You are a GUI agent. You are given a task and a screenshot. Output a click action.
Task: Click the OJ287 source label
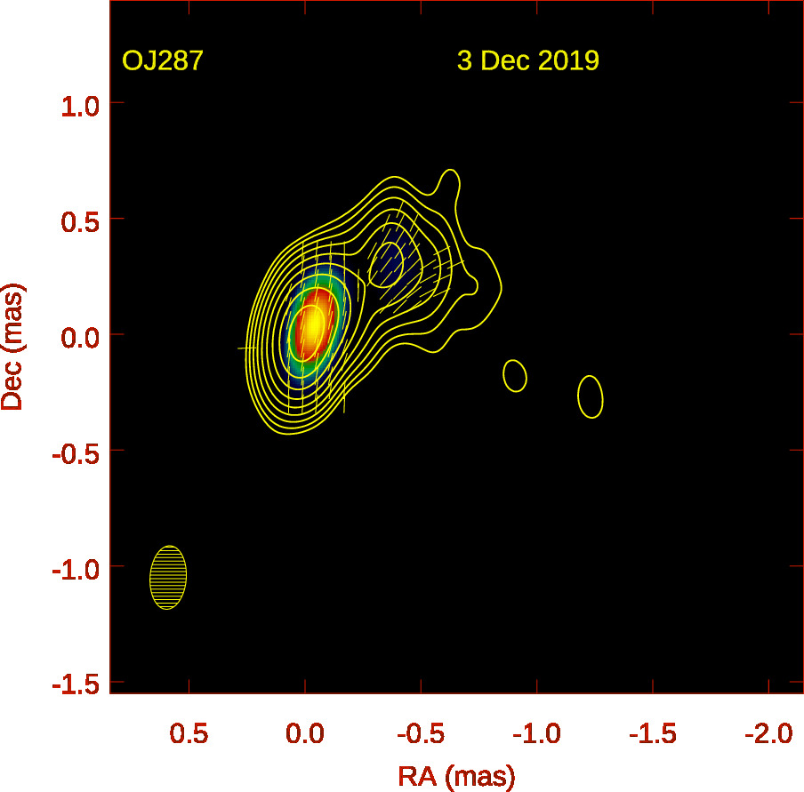(164, 61)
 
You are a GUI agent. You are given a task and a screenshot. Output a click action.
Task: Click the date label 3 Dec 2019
(527, 61)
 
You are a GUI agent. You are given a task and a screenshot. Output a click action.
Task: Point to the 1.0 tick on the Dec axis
(78, 104)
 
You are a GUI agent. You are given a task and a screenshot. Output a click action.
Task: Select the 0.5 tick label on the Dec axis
(78, 220)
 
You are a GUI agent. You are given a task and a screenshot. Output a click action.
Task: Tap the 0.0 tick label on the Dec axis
(78, 335)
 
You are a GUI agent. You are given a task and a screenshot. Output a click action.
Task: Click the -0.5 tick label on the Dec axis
(75, 451)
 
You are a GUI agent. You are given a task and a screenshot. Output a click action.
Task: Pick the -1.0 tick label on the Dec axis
(75, 566)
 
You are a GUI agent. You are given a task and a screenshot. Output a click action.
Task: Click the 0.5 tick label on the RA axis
(189, 734)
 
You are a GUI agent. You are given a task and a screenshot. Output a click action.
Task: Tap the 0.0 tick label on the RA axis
(304, 734)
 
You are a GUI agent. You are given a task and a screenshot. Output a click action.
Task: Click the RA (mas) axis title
(455, 776)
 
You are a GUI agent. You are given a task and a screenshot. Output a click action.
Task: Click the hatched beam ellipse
(168, 578)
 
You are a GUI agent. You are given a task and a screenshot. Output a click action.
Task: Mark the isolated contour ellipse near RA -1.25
(591, 396)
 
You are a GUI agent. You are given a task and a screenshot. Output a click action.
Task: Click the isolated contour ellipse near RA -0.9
(515, 375)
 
